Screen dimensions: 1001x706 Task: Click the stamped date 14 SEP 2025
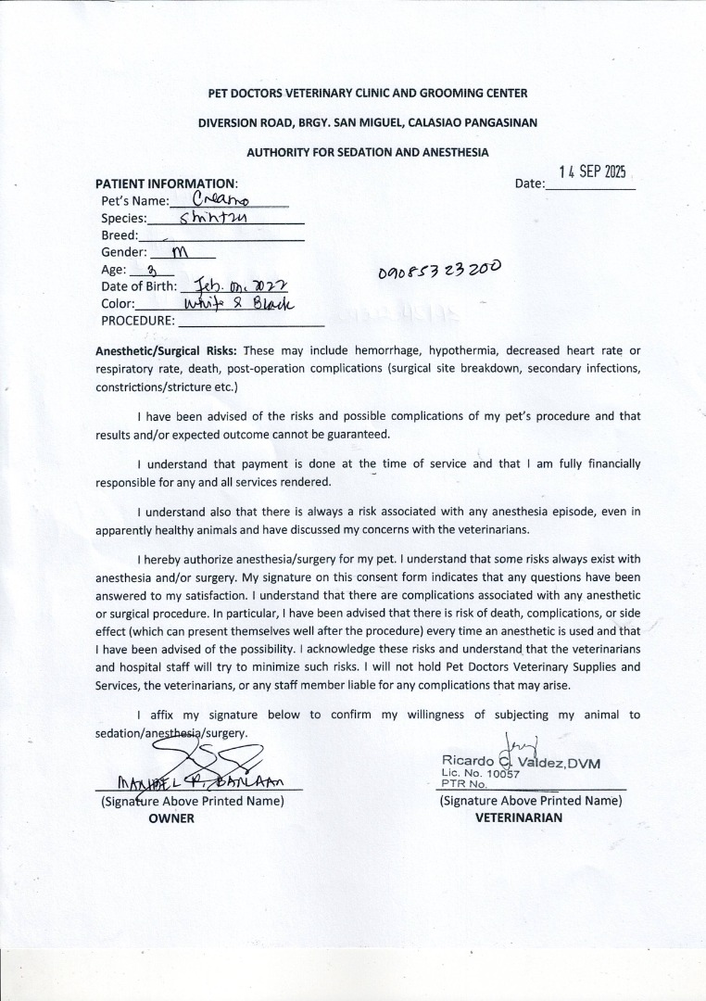coord(593,171)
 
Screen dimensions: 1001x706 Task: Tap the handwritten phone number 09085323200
coord(440,271)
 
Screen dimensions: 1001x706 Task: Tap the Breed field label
coord(120,235)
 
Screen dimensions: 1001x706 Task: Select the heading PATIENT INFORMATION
coord(167,184)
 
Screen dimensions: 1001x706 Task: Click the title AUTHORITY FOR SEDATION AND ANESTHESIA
coord(368,152)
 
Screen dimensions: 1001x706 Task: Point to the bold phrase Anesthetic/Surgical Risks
coord(167,351)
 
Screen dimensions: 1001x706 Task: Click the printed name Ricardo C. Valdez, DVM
coord(521,763)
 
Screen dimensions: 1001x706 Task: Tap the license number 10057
coord(501,773)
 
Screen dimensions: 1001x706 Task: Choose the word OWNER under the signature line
coord(171,818)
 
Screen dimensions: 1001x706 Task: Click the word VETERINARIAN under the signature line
coord(518,817)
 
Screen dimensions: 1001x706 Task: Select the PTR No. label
coord(458,783)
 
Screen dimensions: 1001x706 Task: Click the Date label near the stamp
coord(529,184)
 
